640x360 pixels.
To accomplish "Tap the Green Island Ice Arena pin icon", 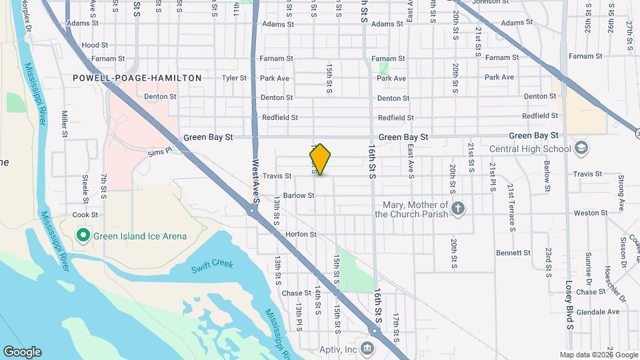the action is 83,235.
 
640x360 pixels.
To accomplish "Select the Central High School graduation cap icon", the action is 580,148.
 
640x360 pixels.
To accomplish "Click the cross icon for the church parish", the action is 457,209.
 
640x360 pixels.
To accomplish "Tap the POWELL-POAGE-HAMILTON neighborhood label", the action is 137,78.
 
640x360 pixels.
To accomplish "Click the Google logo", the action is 22,352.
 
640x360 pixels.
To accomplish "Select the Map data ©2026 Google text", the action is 598,355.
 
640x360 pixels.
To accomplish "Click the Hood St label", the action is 95,45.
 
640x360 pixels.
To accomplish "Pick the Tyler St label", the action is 234,78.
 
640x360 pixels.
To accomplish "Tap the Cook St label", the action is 85,215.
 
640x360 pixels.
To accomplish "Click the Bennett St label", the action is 513,253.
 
